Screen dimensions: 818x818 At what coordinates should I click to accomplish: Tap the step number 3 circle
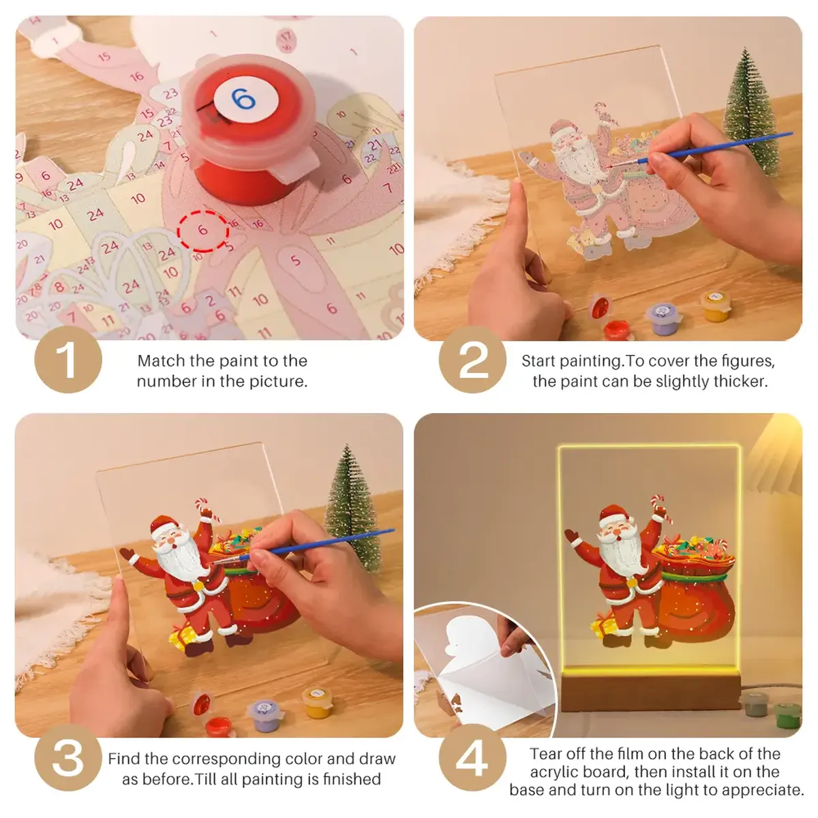tap(67, 757)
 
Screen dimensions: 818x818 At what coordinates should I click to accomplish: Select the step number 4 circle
tap(472, 757)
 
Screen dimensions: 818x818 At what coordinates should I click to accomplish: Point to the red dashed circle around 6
tap(202, 230)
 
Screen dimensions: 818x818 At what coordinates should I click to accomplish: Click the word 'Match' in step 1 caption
tap(162, 361)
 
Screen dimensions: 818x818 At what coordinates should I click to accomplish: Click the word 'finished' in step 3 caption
tap(351, 778)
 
